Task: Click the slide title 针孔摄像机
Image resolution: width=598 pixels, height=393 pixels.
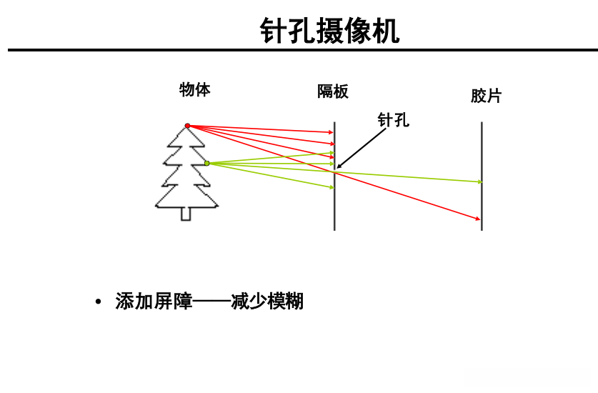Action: (x=329, y=31)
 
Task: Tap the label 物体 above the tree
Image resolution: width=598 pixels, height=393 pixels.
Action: (x=194, y=89)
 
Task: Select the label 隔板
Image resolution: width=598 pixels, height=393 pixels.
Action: (x=332, y=91)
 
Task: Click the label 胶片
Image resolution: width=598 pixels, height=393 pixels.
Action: (x=486, y=96)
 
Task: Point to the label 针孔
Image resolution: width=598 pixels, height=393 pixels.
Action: (x=394, y=119)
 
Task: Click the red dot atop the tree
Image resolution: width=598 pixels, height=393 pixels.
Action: (x=188, y=126)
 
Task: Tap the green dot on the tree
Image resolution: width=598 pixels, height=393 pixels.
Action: (x=207, y=164)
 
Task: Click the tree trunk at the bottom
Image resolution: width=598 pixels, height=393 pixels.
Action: (x=186, y=213)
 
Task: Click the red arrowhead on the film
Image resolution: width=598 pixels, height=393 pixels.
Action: (x=478, y=218)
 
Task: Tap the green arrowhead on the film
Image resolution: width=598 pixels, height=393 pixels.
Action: (x=479, y=181)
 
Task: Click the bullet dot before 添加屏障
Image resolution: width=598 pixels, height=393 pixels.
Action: (x=99, y=302)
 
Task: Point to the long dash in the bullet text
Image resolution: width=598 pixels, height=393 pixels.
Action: (x=211, y=302)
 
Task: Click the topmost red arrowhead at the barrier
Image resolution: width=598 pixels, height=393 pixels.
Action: (x=332, y=132)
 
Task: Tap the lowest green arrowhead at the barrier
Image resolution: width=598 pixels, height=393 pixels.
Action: (x=332, y=187)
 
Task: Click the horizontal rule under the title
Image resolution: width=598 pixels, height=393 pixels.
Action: (x=300, y=50)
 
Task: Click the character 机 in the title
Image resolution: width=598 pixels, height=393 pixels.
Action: (x=386, y=31)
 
